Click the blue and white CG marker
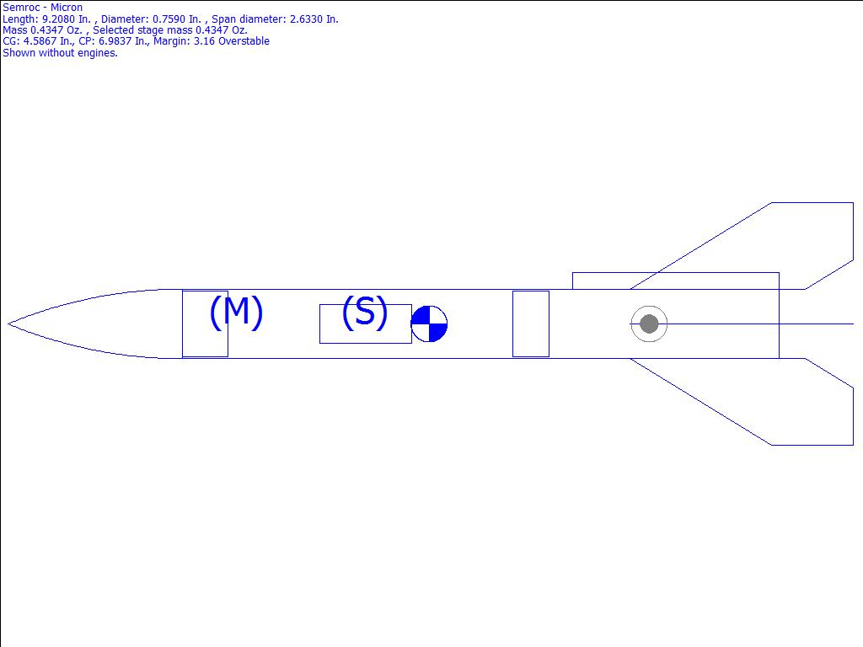tap(429, 324)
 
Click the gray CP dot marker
tap(649, 324)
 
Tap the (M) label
tap(236, 312)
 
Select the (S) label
tap(364, 312)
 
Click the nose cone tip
tap(8, 324)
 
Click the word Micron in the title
tap(67, 8)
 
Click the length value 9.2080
tap(58, 19)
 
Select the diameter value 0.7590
tap(169, 19)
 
